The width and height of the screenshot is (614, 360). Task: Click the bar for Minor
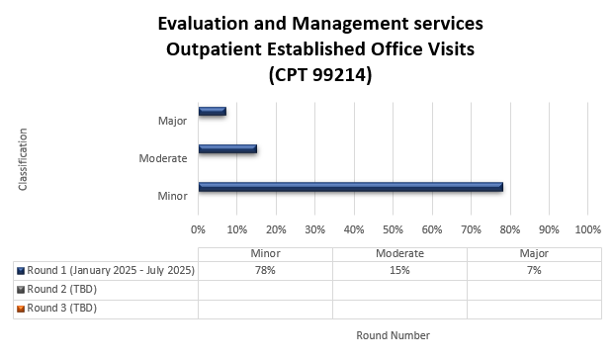[350, 187]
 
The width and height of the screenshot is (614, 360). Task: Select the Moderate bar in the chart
[227, 149]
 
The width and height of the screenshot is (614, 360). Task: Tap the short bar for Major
[212, 112]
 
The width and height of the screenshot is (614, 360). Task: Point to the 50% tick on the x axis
[393, 229]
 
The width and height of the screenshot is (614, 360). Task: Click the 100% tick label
[587, 229]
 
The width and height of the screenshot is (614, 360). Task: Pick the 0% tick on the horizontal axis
[198, 229]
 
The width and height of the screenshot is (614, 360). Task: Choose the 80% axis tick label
[509, 229]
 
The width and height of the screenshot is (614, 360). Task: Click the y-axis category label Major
[173, 121]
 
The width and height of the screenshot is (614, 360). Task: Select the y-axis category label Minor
[173, 196]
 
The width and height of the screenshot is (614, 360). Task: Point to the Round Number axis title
[393, 335]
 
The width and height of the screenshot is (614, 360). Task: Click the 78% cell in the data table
[265, 271]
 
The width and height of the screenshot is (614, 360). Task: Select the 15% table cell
[399, 271]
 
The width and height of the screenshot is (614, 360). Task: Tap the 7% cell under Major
[534, 271]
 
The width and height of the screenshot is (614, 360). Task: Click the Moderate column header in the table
[399, 253]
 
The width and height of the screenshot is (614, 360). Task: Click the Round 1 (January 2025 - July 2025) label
[111, 271]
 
